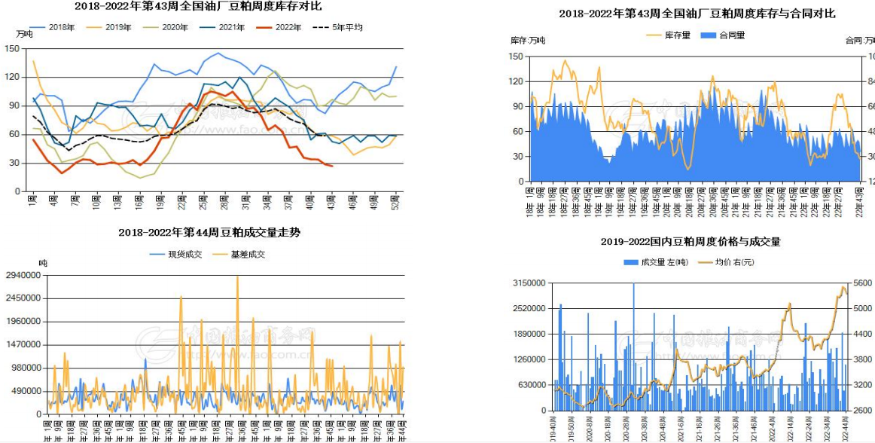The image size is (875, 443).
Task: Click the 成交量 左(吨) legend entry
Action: click(656, 262)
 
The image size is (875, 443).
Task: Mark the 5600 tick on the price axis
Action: click(863, 283)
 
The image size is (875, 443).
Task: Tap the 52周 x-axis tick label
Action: click(395, 201)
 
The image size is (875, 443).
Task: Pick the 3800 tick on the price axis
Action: click(863, 359)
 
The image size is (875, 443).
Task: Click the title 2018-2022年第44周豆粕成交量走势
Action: click(209, 233)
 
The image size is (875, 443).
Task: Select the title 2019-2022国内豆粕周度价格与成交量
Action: click(691, 242)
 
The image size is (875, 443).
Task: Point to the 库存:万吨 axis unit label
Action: click(527, 40)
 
